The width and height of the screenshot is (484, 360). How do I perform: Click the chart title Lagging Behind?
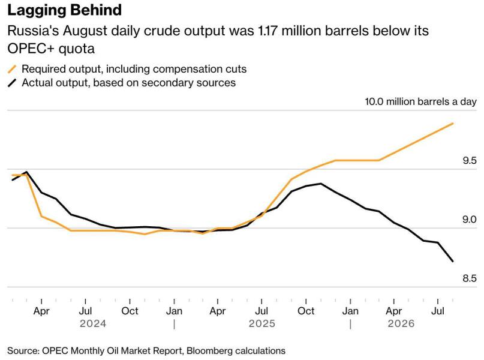pyautogui.click(x=65, y=10)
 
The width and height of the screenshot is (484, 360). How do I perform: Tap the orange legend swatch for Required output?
pyautogui.click(x=12, y=69)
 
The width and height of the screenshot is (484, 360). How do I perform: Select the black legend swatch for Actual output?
pyautogui.click(x=12, y=83)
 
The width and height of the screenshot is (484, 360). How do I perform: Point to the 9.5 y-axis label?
pyautogui.click(x=470, y=161)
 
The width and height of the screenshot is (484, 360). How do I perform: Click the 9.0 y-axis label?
pyautogui.click(x=470, y=220)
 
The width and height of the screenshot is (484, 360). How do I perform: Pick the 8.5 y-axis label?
pyautogui.click(x=470, y=278)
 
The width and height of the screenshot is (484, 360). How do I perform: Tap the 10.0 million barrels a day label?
pyautogui.click(x=420, y=101)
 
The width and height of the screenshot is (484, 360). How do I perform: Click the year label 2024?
pyautogui.click(x=93, y=323)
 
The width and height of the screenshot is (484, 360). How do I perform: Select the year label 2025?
pyautogui.click(x=261, y=323)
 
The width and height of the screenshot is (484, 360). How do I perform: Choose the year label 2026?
pyautogui.click(x=401, y=323)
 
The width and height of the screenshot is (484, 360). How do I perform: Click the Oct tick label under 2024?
pyautogui.click(x=130, y=311)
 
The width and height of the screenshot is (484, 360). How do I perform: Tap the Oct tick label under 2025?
pyautogui.click(x=306, y=311)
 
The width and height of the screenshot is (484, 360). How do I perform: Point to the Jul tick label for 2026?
pyautogui.click(x=438, y=311)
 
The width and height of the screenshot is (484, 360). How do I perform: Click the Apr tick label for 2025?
pyautogui.click(x=218, y=311)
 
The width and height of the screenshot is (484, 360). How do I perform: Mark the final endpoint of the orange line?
pyautogui.click(x=453, y=124)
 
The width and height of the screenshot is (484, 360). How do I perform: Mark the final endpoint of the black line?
pyautogui.click(x=453, y=262)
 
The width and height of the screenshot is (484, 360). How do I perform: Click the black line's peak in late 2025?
pyautogui.click(x=321, y=184)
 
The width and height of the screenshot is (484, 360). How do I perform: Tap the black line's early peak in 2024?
pyautogui.click(x=27, y=172)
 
